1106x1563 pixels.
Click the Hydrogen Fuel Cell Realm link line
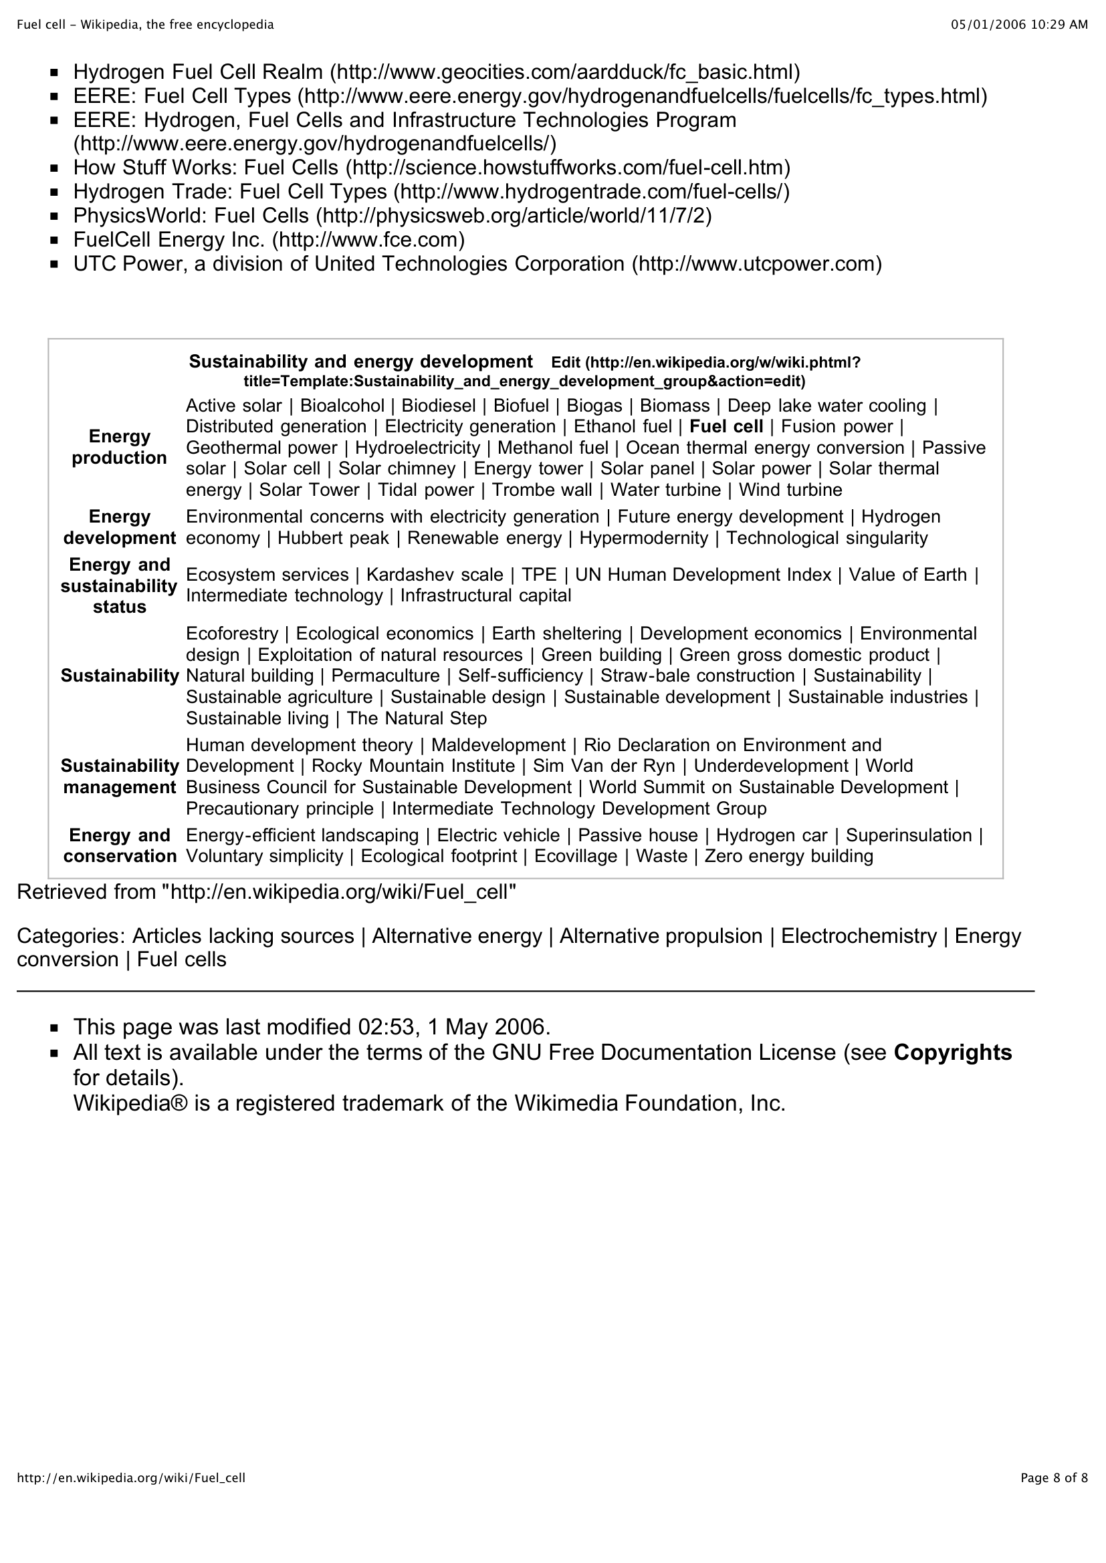436,72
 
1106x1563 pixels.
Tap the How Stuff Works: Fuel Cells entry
431,168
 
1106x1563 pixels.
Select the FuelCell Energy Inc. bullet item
269,240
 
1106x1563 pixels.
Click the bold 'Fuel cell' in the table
726,427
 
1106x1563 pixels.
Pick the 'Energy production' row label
119,447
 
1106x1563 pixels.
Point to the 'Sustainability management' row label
119,776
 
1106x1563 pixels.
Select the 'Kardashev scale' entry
435,575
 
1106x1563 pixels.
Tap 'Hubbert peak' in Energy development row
333,539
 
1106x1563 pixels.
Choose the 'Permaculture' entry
385,676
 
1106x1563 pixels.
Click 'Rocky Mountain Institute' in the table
413,766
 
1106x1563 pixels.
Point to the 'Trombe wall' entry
542,490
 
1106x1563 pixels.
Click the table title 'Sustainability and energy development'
360,362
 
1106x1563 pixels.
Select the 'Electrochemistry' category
858,936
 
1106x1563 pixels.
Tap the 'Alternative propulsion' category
661,936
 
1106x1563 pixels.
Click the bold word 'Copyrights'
952,1052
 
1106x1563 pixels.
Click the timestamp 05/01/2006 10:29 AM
1019,25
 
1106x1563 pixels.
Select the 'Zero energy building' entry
788,857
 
